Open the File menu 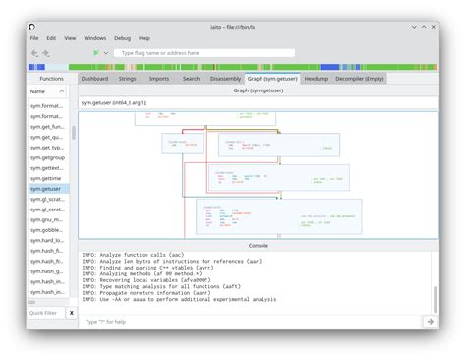pos(34,38)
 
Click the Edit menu pos(51,38)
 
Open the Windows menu pos(95,38)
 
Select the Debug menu pos(122,38)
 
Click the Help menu pos(145,38)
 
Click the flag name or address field pos(204,53)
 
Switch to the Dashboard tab pos(95,78)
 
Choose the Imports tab pos(158,78)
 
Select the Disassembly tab pos(225,78)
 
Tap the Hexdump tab pos(317,78)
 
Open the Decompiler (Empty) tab pos(360,78)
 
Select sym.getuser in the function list pos(46,188)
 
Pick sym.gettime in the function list pos(46,177)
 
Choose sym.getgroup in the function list pos(46,155)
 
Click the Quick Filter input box pos(46,312)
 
